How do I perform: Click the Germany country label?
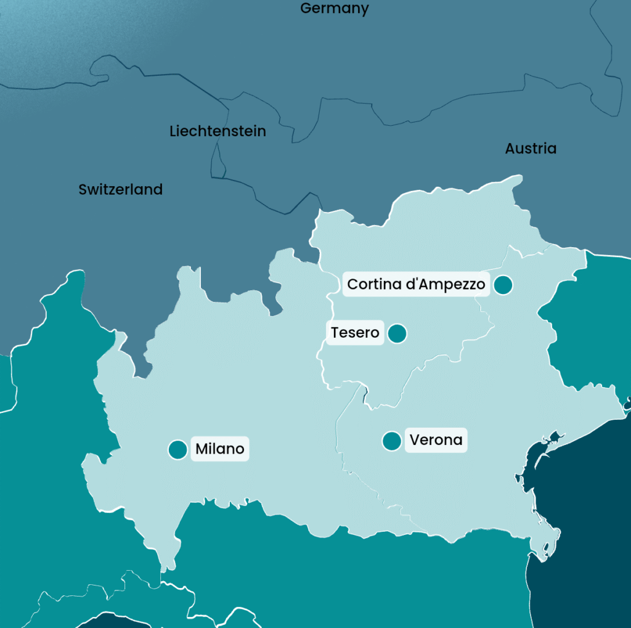click(334, 8)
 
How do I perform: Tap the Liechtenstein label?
click(218, 131)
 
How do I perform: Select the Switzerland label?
click(120, 190)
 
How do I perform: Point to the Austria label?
click(531, 149)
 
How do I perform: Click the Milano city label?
click(220, 449)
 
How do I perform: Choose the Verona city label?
click(436, 440)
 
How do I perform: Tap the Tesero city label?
click(355, 333)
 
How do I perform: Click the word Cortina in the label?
click(373, 284)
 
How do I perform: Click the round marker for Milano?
click(177, 450)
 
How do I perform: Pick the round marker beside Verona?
click(392, 441)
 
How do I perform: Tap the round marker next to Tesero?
click(397, 333)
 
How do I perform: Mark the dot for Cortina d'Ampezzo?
click(503, 285)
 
